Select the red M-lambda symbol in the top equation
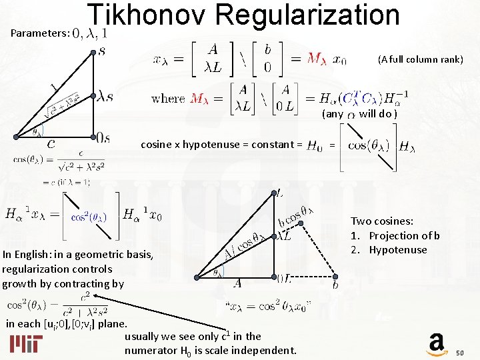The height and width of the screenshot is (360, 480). click(317, 59)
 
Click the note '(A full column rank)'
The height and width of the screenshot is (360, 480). click(420, 59)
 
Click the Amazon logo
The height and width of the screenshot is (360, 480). click(437, 343)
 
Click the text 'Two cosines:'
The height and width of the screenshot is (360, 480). click(382, 221)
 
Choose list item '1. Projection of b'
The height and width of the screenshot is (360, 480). click(395, 235)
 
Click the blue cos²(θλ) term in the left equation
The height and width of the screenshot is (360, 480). click(88, 217)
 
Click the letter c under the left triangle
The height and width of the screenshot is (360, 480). click(51, 142)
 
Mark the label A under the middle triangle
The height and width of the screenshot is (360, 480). click(237, 284)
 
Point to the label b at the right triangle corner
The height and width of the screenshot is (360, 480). click(336, 285)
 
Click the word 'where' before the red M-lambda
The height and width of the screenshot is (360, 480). click(169, 99)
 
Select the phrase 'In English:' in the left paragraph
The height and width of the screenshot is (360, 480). click(29, 254)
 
